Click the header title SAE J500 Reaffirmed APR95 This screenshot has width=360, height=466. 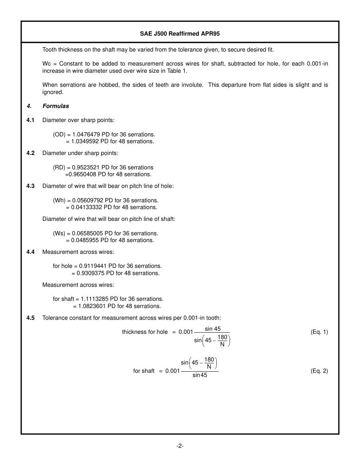pos(180,34)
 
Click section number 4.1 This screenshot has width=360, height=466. pos(30,120)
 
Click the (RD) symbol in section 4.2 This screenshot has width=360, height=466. pos(59,167)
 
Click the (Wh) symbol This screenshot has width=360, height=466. pos(59,200)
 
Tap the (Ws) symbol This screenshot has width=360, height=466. pos(59,233)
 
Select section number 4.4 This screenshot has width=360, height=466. pos(30,252)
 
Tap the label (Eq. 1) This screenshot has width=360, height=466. pos(319,332)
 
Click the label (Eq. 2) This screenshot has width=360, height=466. pos(319,371)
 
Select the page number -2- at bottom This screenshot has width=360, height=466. pos(180,446)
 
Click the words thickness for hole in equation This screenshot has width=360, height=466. pos(145,332)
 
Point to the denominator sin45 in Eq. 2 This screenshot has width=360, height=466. pos(199,375)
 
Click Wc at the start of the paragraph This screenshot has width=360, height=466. pos(47,64)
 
